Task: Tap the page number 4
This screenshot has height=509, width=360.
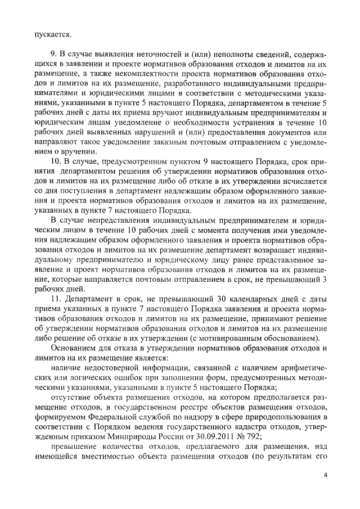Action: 326,475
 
